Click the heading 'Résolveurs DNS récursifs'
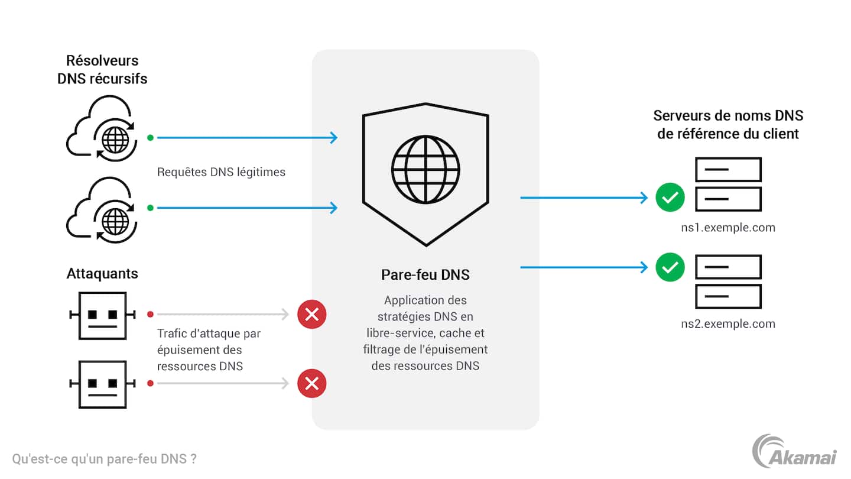point(102,69)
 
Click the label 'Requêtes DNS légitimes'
point(221,172)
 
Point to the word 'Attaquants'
point(102,274)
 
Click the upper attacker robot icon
point(102,315)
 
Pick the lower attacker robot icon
point(102,384)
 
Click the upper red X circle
point(311,315)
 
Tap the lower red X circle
point(311,384)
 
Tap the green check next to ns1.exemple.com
point(670,198)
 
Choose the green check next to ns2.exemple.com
point(670,268)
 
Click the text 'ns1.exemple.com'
point(727,227)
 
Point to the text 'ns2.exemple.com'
point(727,323)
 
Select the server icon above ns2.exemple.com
point(728,281)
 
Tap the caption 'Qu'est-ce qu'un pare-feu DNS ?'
point(104,459)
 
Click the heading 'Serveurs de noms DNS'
point(728,116)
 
